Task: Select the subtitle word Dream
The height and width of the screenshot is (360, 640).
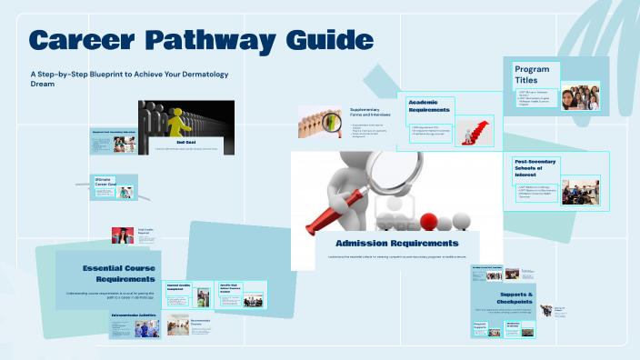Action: point(43,84)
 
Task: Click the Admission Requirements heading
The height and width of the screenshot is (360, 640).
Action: point(396,243)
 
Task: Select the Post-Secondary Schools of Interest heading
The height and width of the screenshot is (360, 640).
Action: point(535,168)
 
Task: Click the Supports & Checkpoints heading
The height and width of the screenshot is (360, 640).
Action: point(516,299)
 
